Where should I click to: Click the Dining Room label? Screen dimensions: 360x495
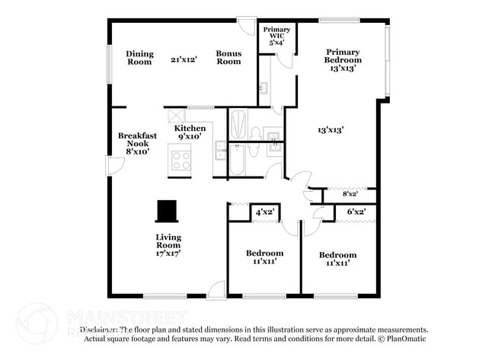pyautogui.click(x=139, y=58)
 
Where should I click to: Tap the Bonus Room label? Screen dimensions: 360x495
pyautogui.click(x=228, y=58)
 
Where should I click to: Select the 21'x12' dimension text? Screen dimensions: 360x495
pyautogui.click(x=184, y=58)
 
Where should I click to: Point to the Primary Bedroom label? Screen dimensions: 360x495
pyautogui.click(x=343, y=60)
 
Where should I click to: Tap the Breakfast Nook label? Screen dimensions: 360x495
pyautogui.click(x=137, y=143)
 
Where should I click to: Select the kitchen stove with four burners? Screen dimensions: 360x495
pyautogui.click(x=181, y=160)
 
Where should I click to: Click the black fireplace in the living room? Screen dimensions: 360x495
pyautogui.click(x=166, y=209)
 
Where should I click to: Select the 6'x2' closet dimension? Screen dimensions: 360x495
pyautogui.click(x=356, y=212)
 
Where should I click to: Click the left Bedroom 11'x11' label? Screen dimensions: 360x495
pyautogui.click(x=264, y=257)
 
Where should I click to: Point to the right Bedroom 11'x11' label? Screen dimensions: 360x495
pyautogui.click(x=337, y=259)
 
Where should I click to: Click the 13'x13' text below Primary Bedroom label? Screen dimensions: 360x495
pyautogui.click(x=331, y=130)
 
